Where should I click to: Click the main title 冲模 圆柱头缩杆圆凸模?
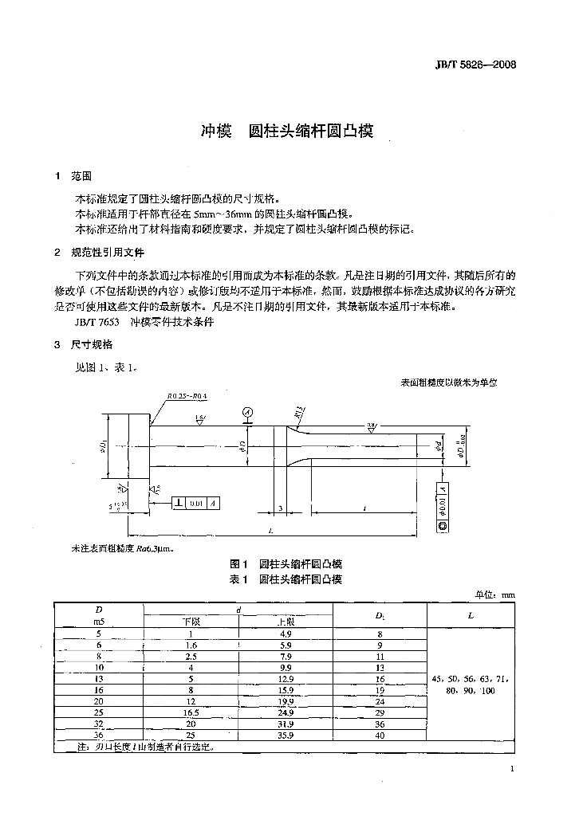coord(286,131)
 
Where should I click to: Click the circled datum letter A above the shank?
coord(248,412)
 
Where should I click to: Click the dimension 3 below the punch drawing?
coord(281,507)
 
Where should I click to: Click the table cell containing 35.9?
coord(285,735)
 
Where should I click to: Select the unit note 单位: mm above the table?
coord(494,594)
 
